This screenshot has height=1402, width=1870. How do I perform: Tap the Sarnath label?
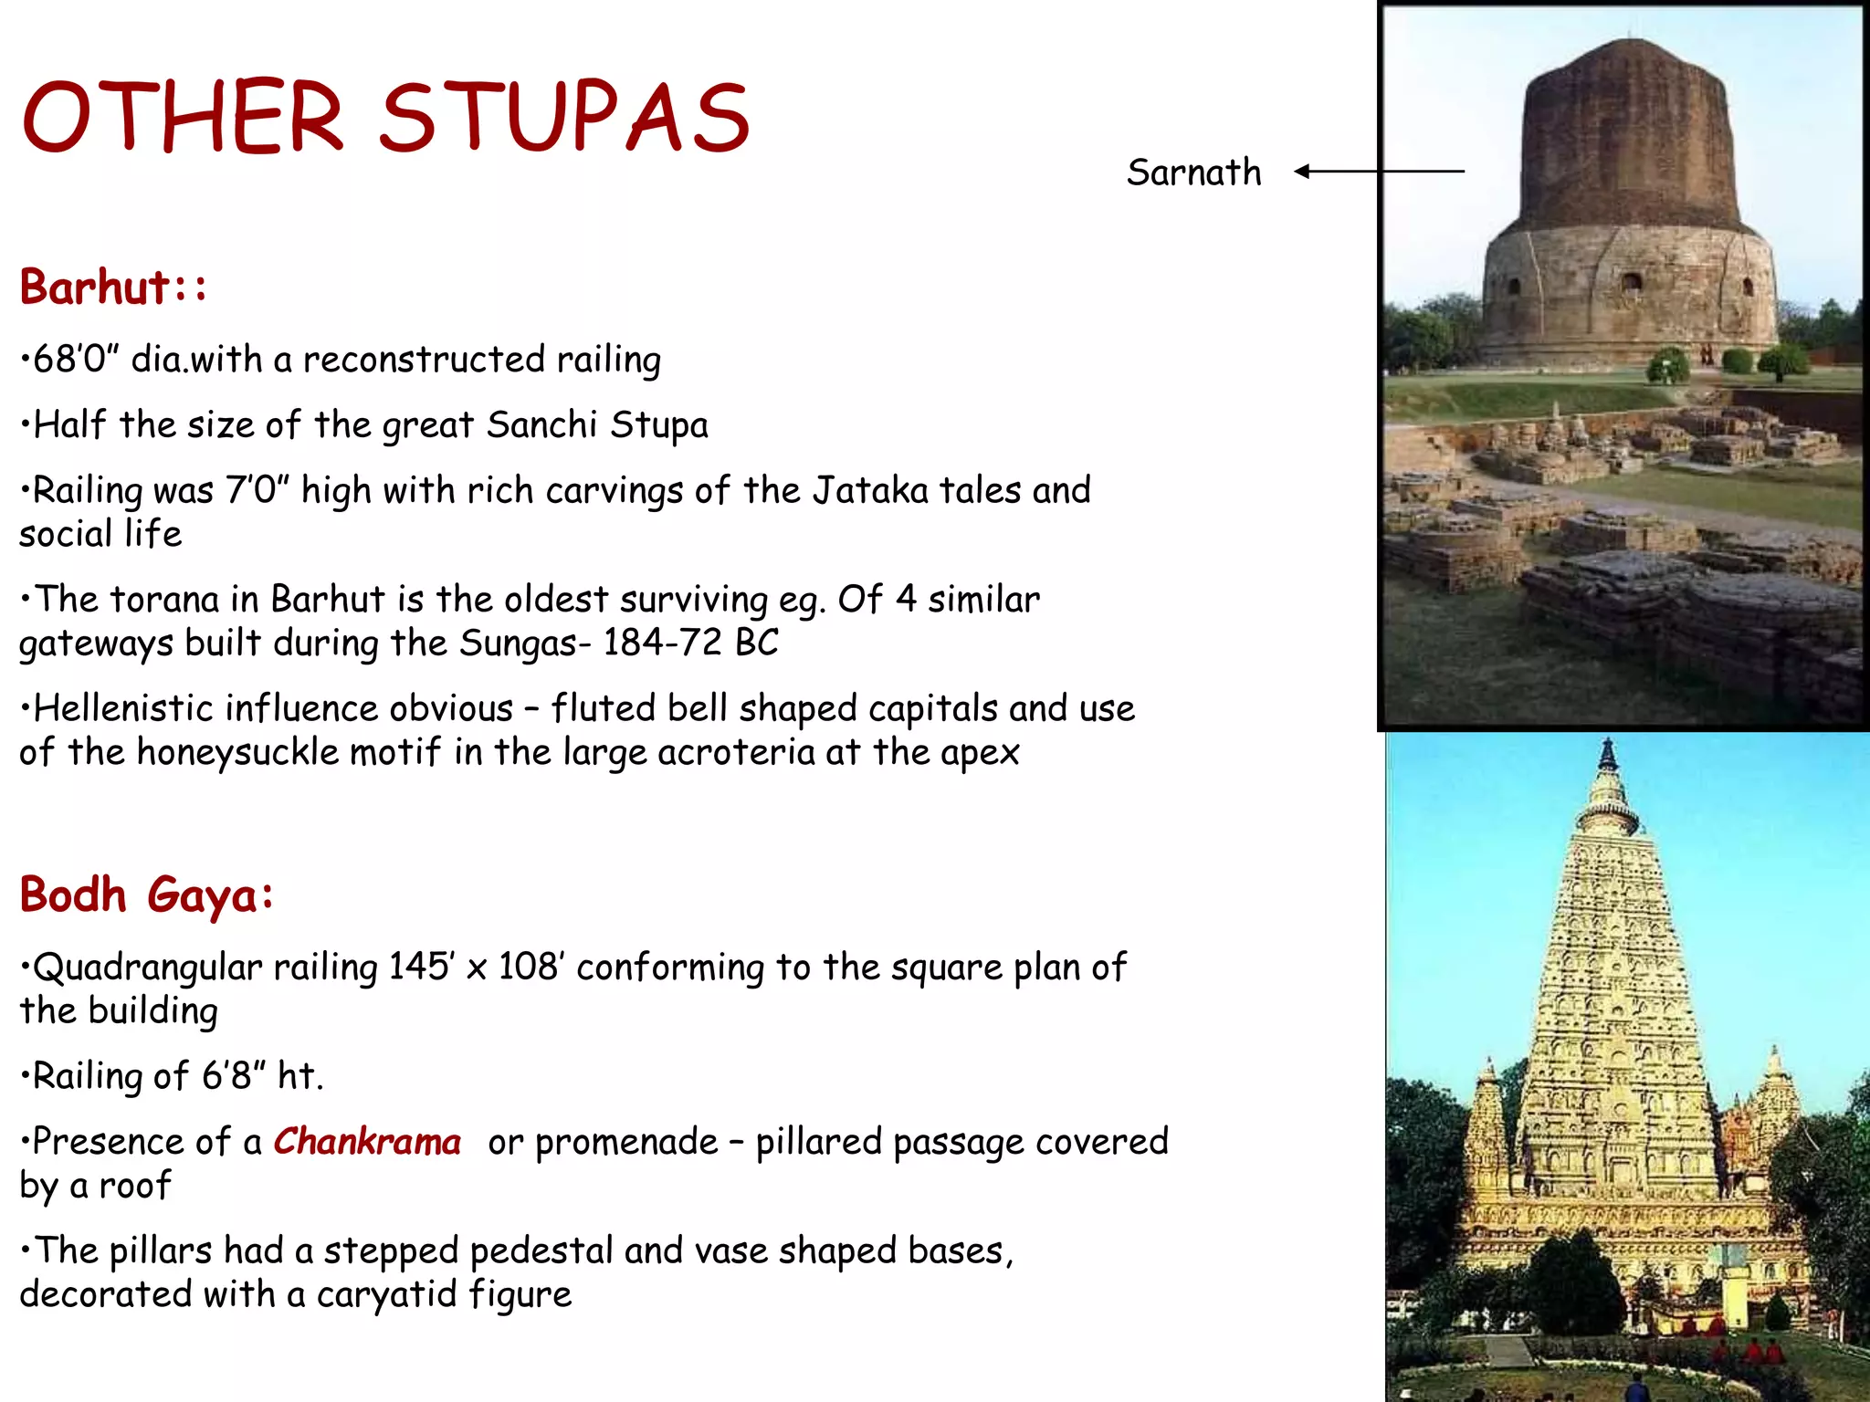(x=1193, y=173)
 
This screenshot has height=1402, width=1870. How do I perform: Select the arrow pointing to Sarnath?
(x=1379, y=171)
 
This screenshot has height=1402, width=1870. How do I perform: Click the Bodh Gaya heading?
(x=146, y=895)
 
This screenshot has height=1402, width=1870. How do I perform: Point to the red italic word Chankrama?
(x=367, y=1142)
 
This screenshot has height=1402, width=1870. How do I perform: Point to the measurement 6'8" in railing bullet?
(x=226, y=1076)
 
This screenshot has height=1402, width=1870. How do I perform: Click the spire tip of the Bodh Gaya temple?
(x=1607, y=744)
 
